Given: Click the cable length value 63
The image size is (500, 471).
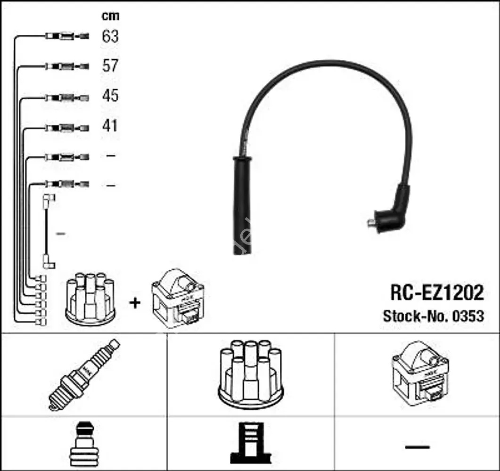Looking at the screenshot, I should pyautogui.click(x=110, y=36).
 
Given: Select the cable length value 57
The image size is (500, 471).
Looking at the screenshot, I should pyautogui.click(x=110, y=66).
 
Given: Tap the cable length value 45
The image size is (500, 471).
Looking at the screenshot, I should pyautogui.click(x=110, y=96).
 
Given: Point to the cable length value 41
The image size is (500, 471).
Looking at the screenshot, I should pyautogui.click(x=110, y=126).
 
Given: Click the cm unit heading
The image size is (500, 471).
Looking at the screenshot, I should pyautogui.click(x=111, y=16).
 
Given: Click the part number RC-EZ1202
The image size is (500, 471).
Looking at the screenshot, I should pyautogui.click(x=436, y=293).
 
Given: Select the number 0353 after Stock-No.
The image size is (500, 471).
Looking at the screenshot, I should pyautogui.click(x=468, y=316).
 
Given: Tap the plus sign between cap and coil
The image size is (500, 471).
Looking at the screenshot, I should pyautogui.click(x=135, y=302).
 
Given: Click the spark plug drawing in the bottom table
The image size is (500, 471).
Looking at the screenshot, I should pyautogui.click(x=84, y=375).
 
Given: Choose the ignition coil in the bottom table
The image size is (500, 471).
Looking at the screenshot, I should pyautogui.click(x=420, y=374).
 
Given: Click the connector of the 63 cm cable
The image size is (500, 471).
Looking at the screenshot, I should pyautogui.click(x=66, y=36).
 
